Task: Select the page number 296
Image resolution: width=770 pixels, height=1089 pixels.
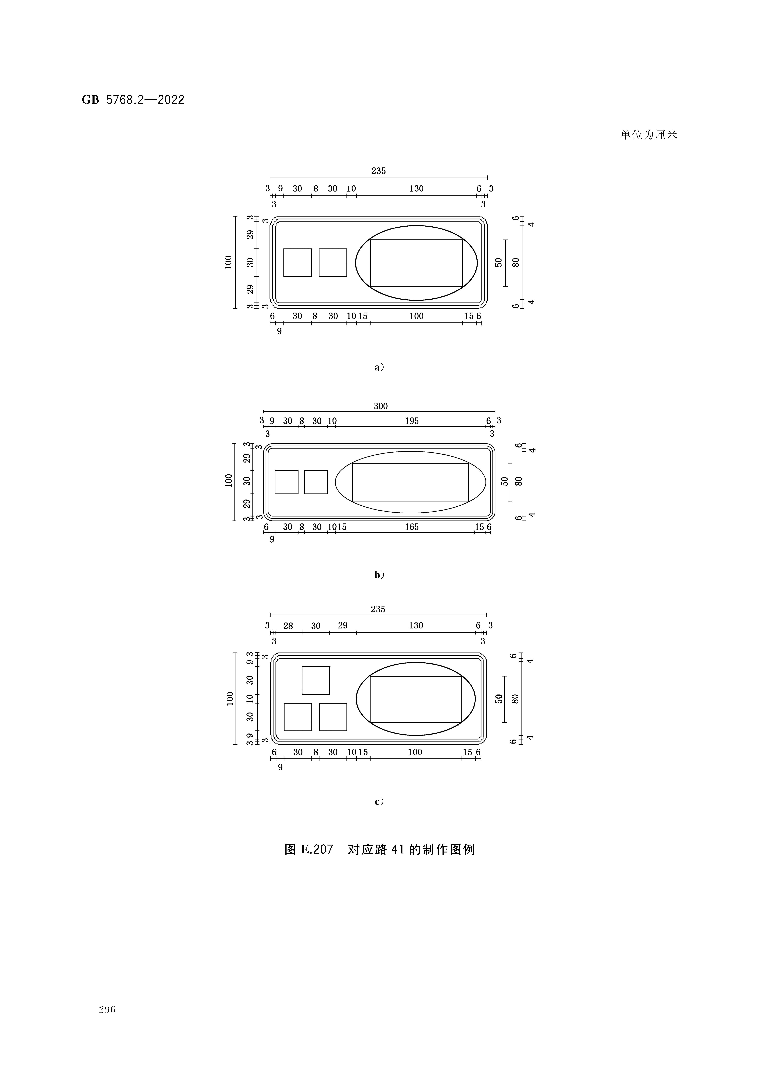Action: pyautogui.click(x=107, y=1010)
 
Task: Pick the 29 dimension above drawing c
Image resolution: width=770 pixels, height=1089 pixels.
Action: pyautogui.click(x=343, y=626)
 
